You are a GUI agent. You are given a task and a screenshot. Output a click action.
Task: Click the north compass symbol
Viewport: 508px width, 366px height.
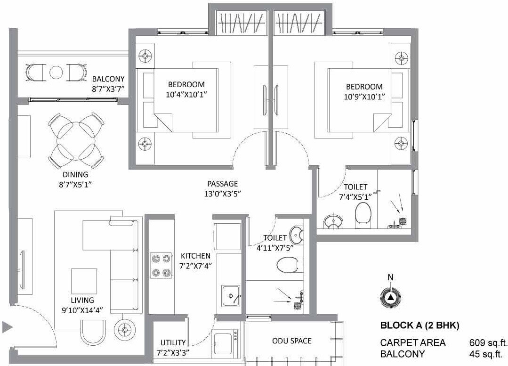coord(390,298)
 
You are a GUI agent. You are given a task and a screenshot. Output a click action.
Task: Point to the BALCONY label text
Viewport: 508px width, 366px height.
coord(108,79)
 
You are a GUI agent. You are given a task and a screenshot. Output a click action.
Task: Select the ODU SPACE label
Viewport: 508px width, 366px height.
coord(291,341)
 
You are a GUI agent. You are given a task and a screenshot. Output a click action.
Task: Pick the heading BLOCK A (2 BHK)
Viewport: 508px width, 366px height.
coord(419,325)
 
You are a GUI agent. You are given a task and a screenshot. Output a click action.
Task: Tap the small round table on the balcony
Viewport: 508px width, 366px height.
coord(56,73)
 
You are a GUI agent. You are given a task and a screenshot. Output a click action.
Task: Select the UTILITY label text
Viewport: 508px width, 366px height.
coord(172,343)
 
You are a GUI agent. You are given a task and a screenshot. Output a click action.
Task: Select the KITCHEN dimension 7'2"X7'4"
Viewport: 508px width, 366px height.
coord(195,265)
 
